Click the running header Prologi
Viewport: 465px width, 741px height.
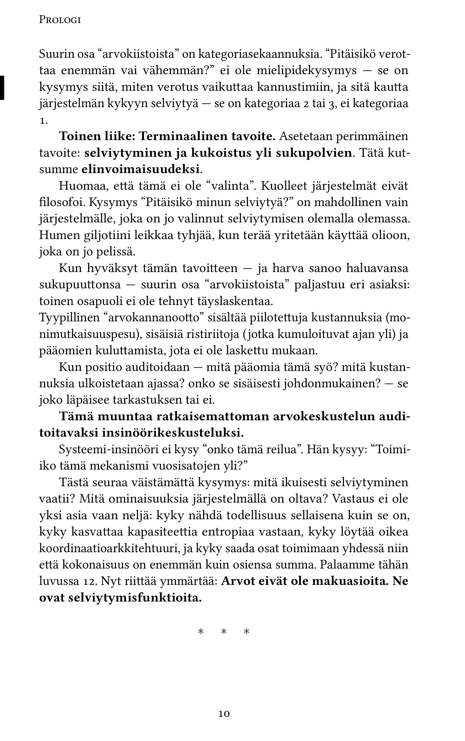60,20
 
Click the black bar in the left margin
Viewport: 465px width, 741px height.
2,88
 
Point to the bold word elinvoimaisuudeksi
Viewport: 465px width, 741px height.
141,170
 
